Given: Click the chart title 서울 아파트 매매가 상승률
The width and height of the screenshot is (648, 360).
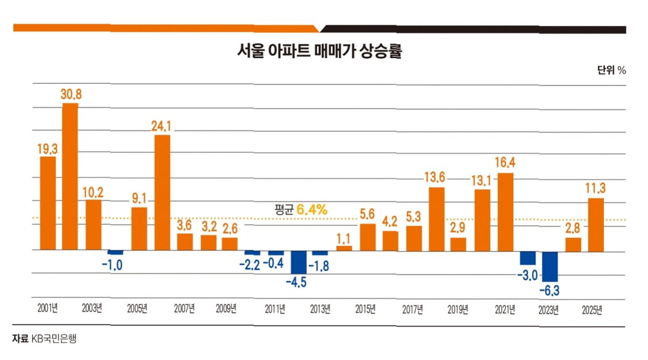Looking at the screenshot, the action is pos(319,51).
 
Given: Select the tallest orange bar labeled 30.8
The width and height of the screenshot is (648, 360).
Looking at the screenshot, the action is pos(71,176).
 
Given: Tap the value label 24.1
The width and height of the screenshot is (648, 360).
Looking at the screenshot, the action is pos(161,126).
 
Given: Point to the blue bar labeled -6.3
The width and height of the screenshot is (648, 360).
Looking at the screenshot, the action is pos(549,267).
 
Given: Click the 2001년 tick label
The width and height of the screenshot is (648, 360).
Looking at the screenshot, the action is pos(47,308).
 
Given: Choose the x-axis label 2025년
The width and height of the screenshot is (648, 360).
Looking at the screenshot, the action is pos(592,310).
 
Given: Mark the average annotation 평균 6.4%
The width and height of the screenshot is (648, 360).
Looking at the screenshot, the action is pos(301,209).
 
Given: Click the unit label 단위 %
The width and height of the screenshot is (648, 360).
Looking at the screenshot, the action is pos(611,70).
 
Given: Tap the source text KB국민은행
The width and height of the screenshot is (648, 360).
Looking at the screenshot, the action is pos(54,338).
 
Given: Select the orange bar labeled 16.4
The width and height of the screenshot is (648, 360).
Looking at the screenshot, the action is pos(505,212).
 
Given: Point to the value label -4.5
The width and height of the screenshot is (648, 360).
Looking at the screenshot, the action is pos(296,282).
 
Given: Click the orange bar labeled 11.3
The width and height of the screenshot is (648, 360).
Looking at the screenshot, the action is pos(596,225).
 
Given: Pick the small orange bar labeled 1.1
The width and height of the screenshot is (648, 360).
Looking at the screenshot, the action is pos(344,248).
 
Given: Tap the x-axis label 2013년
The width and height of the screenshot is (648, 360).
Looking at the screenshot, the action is pos(320,309).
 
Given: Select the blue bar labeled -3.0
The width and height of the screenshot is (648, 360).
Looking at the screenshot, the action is pos(528,258).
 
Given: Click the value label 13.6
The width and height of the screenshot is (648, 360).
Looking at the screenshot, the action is pos(435,177).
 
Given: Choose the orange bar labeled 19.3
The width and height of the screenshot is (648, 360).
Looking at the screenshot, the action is pos(48,203).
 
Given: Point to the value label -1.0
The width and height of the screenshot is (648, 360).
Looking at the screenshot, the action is pos(112,265).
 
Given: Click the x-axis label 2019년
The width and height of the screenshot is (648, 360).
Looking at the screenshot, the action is pos(458,310).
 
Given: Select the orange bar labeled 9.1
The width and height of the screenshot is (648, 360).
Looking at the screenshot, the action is pos(139,229).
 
